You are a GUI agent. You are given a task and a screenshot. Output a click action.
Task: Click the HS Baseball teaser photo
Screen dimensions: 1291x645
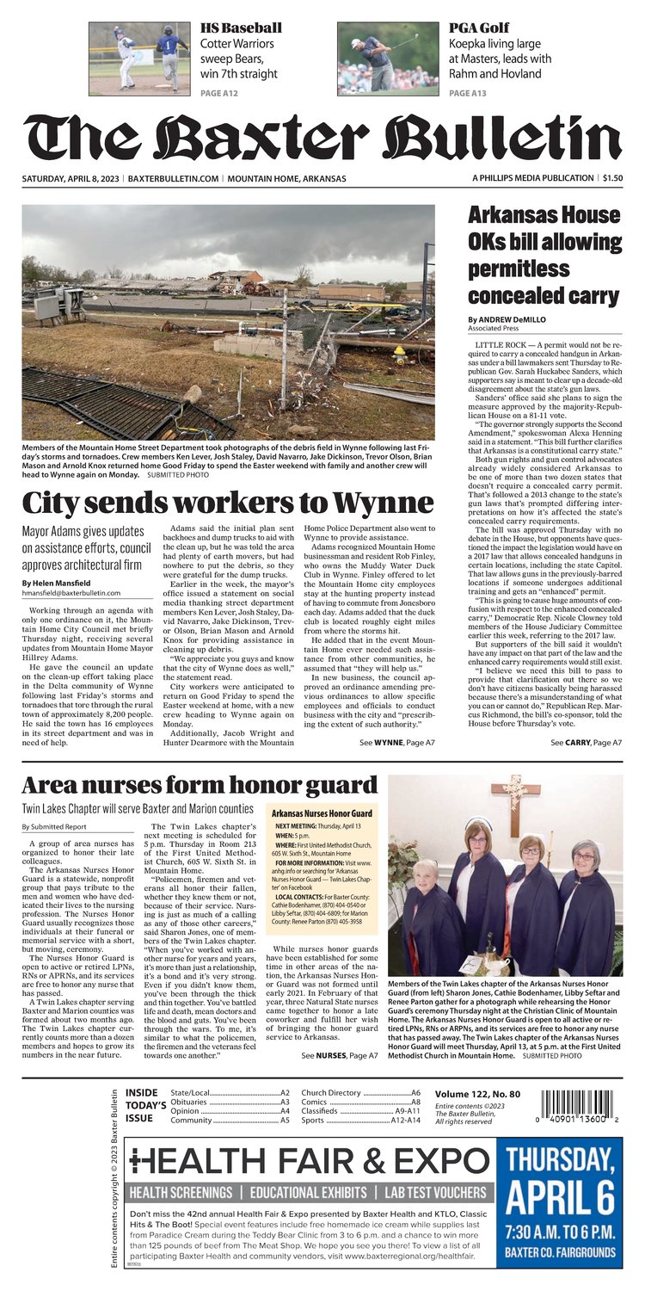(139, 58)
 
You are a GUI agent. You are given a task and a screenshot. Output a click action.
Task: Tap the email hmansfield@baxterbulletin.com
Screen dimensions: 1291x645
(71, 593)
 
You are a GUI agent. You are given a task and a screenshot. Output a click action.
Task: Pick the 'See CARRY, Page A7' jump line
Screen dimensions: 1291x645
(586, 741)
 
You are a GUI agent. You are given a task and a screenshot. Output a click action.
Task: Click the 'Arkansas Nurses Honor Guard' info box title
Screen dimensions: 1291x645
(321, 813)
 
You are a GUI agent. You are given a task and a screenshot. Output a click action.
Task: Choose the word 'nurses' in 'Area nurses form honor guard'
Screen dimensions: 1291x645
(128, 785)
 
